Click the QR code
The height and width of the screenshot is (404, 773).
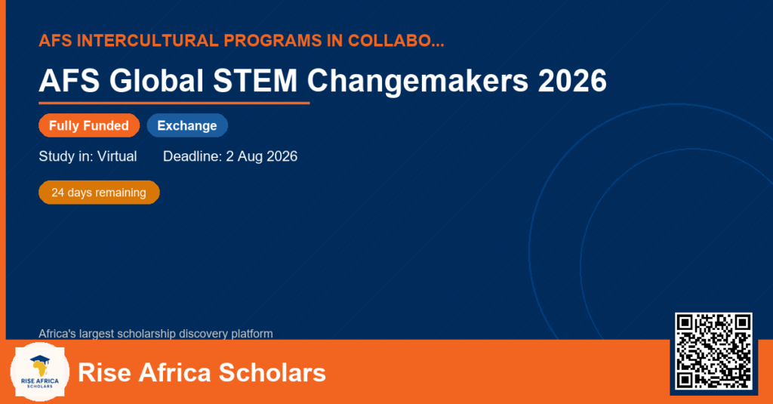click(x=713, y=351)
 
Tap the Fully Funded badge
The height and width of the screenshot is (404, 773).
click(x=89, y=125)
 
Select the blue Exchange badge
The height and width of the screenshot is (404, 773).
click(x=187, y=125)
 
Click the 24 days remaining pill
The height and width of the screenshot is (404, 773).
click(x=99, y=193)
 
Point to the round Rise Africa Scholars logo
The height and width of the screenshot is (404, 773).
click(x=40, y=372)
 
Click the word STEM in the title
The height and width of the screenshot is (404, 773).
click(x=255, y=80)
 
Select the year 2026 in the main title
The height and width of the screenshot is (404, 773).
click(x=572, y=80)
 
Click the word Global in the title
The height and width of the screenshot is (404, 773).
click(x=156, y=80)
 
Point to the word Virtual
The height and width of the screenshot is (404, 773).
click(x=117, y=156)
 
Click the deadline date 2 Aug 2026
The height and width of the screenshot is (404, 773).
click(x=261, y=157)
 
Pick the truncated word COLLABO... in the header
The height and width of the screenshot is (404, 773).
click(x=396, y=41)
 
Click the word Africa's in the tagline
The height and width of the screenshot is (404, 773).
click(x=57, y=334)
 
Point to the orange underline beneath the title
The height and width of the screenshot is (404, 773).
click(x=174, y=103)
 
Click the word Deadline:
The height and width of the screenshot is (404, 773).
click(x=192, y=156)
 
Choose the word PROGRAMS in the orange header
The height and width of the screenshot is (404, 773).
click(x=273, y=41)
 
